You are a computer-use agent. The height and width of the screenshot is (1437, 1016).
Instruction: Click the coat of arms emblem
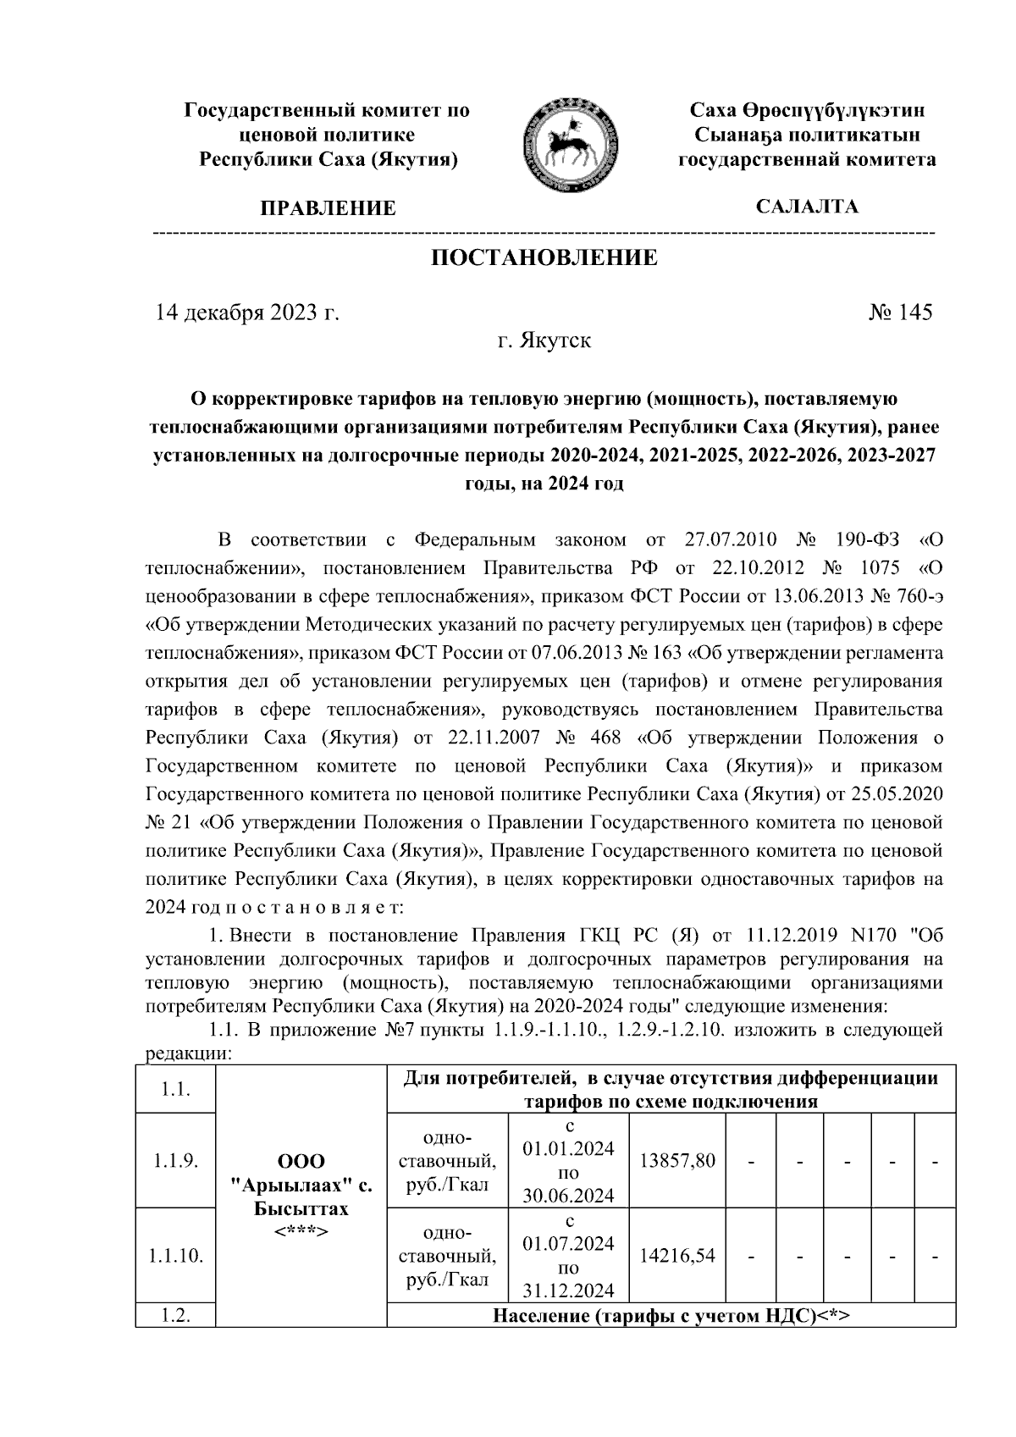coord(565,141)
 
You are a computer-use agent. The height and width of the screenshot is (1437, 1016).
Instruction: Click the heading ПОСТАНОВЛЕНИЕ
coord(544,257)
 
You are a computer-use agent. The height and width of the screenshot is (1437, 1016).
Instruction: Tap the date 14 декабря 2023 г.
coord(246,312)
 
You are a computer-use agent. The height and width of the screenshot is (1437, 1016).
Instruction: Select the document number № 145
coord(900,312)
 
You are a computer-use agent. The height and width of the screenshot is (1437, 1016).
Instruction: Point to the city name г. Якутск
coord(544,341)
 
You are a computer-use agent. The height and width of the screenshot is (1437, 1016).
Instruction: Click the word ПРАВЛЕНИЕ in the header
coord(328,208)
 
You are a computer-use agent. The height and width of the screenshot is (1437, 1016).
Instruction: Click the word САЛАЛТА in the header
coord(807,207)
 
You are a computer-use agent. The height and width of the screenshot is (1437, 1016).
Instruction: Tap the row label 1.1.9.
coord(175,1160)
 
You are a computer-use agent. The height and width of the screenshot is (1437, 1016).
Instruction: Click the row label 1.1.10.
coord(175,1256)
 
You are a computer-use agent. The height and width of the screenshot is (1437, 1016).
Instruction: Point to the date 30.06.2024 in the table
coord(568,1196)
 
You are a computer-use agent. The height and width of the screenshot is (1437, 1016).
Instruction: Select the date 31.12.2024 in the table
coord(568,1291)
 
